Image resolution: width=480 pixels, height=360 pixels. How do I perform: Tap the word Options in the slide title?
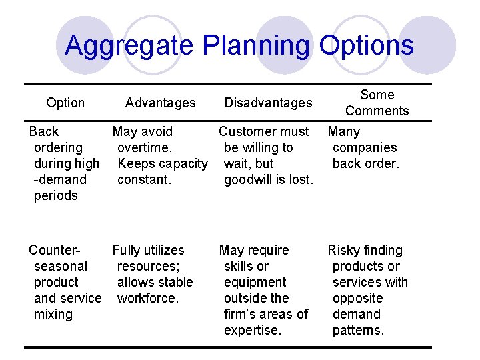(x=366, y=45)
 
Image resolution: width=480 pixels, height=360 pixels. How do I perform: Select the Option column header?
(x=65, y=103)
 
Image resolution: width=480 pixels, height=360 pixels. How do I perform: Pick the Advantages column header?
(x=161, y=103)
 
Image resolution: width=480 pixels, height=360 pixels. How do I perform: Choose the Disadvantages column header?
(x=268, y=103)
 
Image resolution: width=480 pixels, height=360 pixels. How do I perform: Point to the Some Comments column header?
(x=377, y=103)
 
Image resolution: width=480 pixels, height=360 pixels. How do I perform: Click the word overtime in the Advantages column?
(x=145, y=147)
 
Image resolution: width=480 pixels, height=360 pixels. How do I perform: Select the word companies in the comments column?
(x=365, y=147)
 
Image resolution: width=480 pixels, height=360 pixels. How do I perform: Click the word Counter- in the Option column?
(x=55, y=250)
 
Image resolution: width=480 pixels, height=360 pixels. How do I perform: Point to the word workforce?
(x=148, y=298)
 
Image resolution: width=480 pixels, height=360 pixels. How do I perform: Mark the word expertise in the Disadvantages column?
(x=253, y=330)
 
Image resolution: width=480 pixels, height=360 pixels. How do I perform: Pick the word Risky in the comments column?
(x=343, y=250)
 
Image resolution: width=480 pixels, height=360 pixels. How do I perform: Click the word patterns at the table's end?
(x=359, y=330)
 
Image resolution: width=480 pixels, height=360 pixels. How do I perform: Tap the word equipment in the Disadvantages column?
(x=255, y=282)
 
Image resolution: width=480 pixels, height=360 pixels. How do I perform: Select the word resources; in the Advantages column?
(x=145, y=266)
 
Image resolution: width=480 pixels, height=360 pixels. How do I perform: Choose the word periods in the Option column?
(x=56, y=195)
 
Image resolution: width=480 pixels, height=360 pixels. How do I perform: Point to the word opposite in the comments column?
(x=358, y=298)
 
